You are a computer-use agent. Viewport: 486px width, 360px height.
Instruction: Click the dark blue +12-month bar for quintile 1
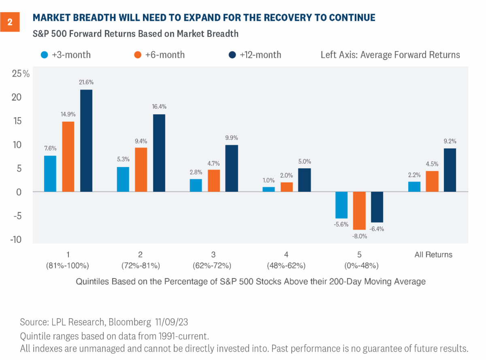[x=86, y=141]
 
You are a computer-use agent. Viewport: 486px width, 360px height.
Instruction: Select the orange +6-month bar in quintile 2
[x=141, y=169]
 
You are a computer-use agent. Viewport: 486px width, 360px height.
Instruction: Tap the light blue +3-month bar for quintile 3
[x=196, y=185]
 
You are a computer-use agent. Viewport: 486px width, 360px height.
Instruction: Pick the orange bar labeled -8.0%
[x=360, y=211]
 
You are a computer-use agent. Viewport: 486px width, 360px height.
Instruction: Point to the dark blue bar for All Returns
[x=450, y=170]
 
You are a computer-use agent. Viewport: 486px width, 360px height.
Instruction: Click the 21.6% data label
[x=86, y=82]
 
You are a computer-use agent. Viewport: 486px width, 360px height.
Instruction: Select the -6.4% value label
[x=377, y=229]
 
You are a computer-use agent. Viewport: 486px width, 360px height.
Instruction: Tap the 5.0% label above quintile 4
[x=305, y=161]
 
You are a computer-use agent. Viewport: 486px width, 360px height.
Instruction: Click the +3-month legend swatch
[x=45, y=55]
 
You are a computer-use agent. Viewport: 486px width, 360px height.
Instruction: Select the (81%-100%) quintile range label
[x=68, y=266]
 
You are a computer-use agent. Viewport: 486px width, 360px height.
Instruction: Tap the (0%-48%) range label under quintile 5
[x=360, y=266]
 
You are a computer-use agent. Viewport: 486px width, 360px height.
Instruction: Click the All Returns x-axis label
[x=433, y=255]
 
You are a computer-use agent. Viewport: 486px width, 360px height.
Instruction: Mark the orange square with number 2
[x=10, y=23]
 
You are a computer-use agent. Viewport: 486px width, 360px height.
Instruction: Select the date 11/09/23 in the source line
[x=173, y=322]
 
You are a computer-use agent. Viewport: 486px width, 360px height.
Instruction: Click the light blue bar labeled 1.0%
[x=269, y=189]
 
